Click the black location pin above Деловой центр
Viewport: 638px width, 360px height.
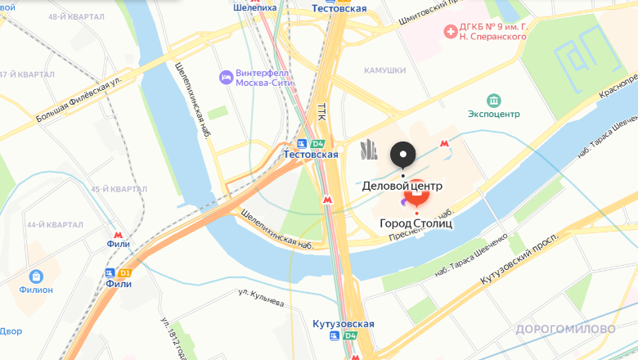tap(402, 154)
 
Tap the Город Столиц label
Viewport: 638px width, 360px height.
tap(416, 223)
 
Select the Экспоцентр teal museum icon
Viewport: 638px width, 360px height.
tap(494, 101)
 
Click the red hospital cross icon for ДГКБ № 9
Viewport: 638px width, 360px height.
tap(449, 31)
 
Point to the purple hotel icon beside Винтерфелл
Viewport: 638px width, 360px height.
tap(226, 78)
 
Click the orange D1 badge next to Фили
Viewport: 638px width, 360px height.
tap(124, 272)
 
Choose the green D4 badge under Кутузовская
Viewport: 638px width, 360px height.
tap(350, 335)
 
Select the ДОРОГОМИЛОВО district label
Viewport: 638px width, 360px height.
tap(565, 329)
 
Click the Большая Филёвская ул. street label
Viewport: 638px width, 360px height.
tap(79, 101)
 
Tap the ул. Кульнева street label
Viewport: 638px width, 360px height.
tap(261, 296)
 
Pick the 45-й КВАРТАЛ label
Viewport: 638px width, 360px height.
tap(118, 189)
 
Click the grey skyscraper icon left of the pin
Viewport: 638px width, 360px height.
tap(369, 150)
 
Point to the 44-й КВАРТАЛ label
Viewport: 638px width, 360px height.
tap(55, 225)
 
